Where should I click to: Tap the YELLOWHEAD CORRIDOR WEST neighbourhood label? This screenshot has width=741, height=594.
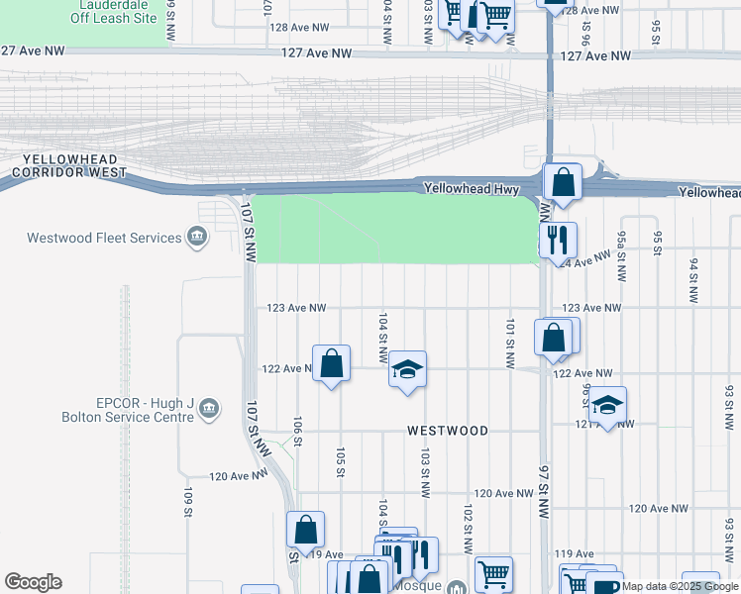[x=65, y=166]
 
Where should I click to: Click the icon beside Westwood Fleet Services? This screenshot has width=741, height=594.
[x=197, y=238]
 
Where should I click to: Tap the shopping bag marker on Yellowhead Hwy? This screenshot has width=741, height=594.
[x=562, y=183]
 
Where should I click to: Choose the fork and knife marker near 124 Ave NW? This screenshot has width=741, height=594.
[x=557, y=240]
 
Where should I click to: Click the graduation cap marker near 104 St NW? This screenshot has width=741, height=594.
[x=407, y=370]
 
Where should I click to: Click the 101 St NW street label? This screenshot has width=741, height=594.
[x=510, y=344]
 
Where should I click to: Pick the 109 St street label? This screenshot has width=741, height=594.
[x=186, y=501]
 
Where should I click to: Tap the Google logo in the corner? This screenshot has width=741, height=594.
[x=33, y=582]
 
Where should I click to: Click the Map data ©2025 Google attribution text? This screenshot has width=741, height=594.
[x=680, y=586]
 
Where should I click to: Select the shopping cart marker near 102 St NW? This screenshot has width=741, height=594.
[x=492, y=572]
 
